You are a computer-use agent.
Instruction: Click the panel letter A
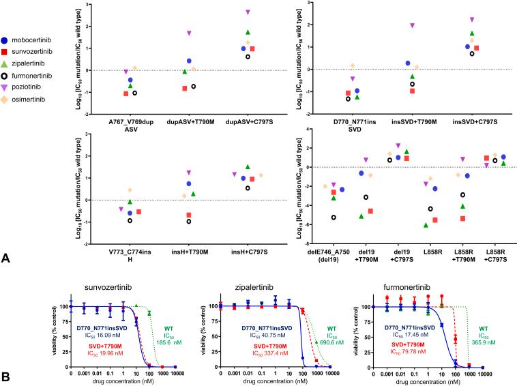pos(5,258)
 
